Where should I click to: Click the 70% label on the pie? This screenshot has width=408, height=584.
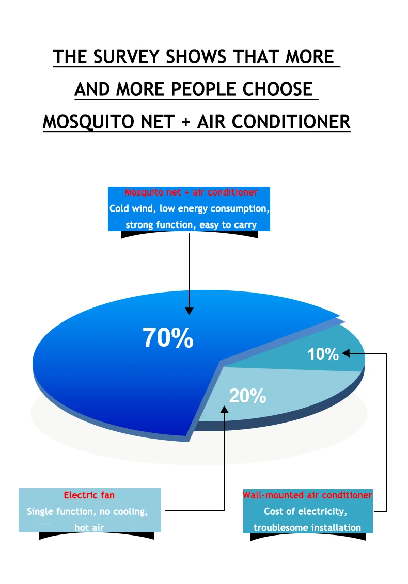(x=168, y=337)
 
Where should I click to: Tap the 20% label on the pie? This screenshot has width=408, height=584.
(x=247, y=396)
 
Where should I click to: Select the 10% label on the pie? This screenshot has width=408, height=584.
(x=323, y=354)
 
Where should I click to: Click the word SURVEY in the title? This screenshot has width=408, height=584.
(x=127, y=57)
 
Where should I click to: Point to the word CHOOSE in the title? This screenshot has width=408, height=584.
(x=277, y=89)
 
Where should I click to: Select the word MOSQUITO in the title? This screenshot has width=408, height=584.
(x=89, y=122)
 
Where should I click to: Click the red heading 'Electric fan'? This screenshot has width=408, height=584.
(x=89, y=495)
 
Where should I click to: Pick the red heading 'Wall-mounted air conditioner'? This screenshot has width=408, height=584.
(x=307, y=495)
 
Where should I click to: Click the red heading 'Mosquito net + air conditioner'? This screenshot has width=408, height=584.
(x=191, y=192)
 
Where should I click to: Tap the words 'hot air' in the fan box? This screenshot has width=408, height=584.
(x=89, y=527)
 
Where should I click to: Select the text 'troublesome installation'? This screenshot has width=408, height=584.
(x=307, y=527)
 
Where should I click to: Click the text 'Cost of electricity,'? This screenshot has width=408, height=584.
(x=305, y=511)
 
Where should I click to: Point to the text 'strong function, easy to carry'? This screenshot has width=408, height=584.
(x=191, y=225)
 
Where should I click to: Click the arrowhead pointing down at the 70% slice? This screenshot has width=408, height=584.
(x=189, y=311)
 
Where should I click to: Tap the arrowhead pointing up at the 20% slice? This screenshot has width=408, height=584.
(x=224, y=409)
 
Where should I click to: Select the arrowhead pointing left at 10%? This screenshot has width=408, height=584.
(x=346, y=353)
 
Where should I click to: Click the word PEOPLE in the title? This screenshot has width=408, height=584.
(x=204, y=89)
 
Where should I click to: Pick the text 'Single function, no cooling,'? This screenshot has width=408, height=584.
(x=87, y=511)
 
